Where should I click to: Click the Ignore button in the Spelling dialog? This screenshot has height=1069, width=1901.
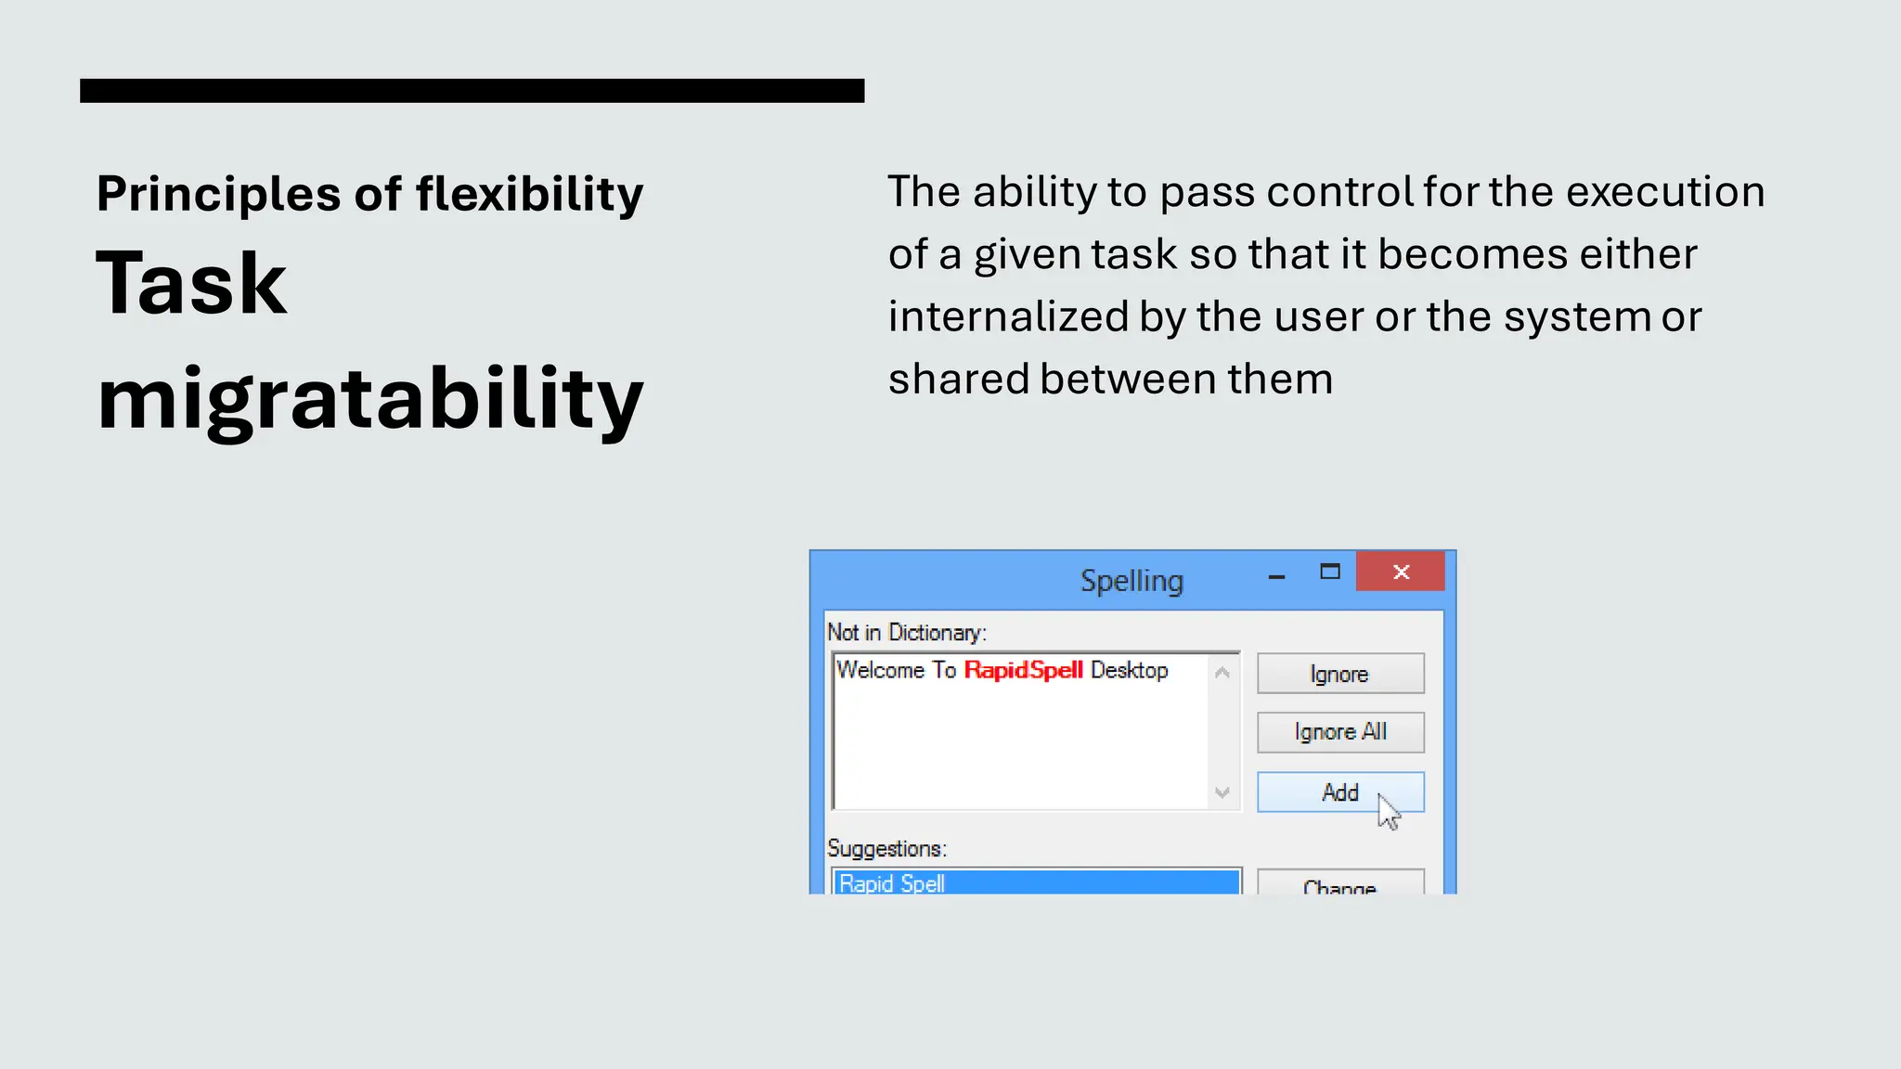pyautogui.click(x=1339, y=674)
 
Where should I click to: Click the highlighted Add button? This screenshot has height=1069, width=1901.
pyautogui.click(x=1339, y=792)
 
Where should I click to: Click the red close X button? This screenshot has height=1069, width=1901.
pyautogui.click(x=1401, y=572)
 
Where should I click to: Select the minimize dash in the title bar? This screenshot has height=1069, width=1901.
pyautogui.click(x=1276, y=577)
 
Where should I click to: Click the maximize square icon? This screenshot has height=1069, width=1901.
pyautogui.click(x=1330, y=572)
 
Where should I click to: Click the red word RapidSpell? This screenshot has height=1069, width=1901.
pyautogui.click(x=1023, y=670)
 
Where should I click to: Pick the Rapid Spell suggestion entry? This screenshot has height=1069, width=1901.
pyautogui.click(x=1035, y=882)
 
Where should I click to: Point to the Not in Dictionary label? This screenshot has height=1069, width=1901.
pyautogui.click(x=906, y=633)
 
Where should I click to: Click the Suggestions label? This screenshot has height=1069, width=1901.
pyautogui.click(x=886, y=848)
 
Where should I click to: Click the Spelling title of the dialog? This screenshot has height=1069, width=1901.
pyautogui.click(x=1132, y=581)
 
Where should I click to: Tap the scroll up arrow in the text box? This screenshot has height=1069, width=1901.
pyautogui.click(x=1222, y=673)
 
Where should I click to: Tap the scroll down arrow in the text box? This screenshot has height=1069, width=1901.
pyautogui.click(x=1222, y=792)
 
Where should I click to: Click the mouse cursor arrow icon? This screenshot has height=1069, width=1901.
pyautogui.click(x=1389, y=812)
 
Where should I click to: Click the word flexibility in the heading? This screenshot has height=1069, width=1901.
pyautogui.click(x=529, y=195)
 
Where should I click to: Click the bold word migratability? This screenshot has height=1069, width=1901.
pyautogui.click(x=369, y=399)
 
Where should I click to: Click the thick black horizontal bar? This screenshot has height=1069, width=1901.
pyautogui.click(x=472, y=91)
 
